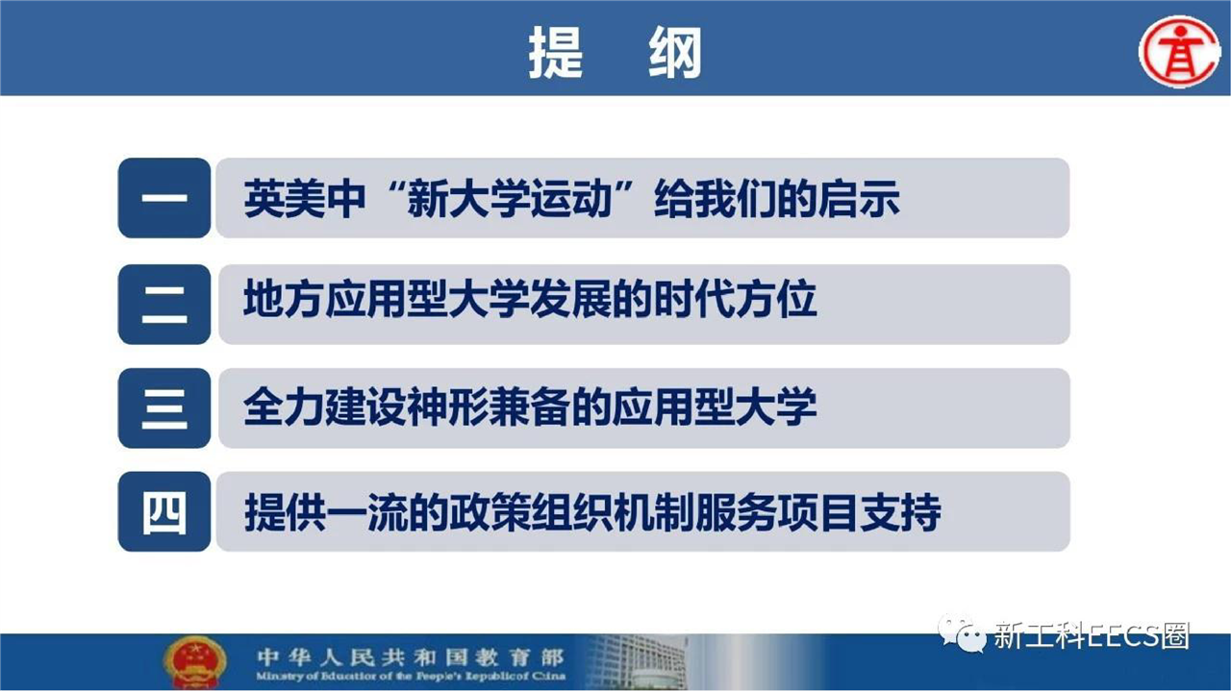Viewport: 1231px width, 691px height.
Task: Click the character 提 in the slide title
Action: [556, 53]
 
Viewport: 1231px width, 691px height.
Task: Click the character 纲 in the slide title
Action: [675, 53]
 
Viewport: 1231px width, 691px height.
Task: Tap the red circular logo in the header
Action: [1179, 51]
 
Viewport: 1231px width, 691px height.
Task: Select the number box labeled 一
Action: [164, 198]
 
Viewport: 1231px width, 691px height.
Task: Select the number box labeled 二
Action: [164, 305]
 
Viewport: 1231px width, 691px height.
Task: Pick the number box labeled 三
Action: [164, 408]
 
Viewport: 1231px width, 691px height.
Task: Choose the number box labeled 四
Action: [164, 511]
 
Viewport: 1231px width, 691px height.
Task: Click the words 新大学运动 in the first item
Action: [510, 199]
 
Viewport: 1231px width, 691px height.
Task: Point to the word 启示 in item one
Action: [859, 199]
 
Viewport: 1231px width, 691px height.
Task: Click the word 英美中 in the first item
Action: [305, 199]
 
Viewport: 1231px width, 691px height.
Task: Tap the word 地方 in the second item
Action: [284, 300]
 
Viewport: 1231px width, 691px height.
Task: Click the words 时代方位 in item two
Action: [736, 300]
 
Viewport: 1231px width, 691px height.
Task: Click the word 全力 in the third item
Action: [284, 407]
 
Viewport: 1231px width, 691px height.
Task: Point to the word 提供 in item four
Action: [284, 512]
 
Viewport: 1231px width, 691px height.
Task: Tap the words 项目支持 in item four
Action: [859, 512]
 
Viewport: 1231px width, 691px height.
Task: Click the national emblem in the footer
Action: [195, 662]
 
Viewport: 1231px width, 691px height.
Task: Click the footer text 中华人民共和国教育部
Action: [411, 657]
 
